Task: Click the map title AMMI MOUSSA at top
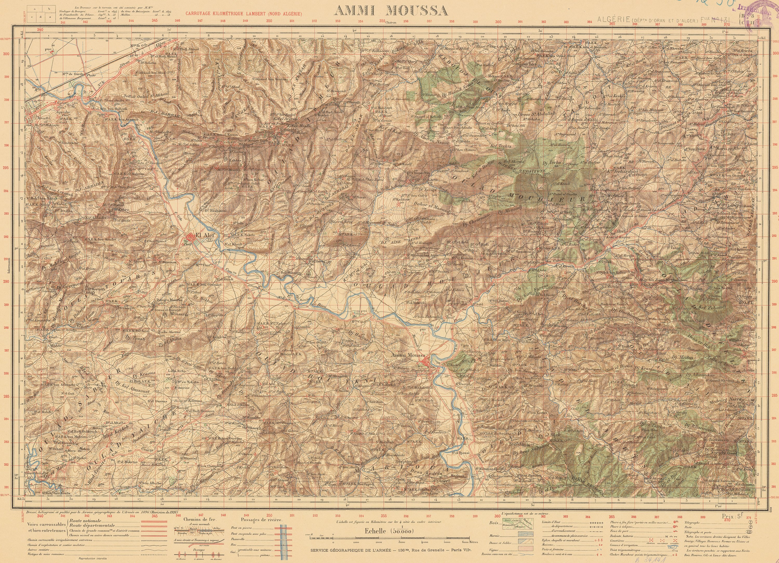(391, 11)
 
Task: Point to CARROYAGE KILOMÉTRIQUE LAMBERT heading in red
(243, 14)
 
